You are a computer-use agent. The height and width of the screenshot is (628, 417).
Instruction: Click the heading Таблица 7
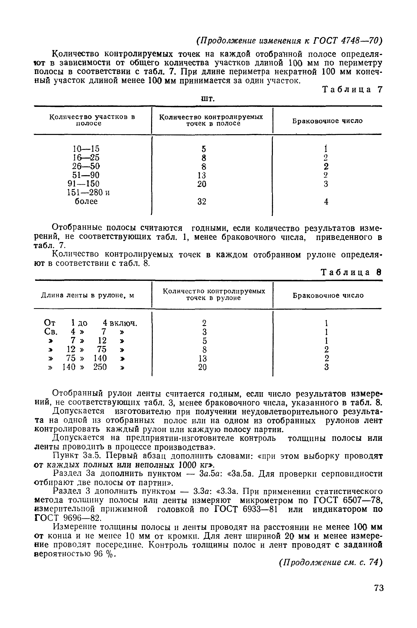coord(352,90)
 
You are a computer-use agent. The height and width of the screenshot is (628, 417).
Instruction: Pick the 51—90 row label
coord(86,175)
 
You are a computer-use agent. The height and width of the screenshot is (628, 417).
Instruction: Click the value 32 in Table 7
coord(202,202)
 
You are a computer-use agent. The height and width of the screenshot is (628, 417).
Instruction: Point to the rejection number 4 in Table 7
coord(326,202)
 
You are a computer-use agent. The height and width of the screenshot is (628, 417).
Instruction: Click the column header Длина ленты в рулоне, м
coord(87,295)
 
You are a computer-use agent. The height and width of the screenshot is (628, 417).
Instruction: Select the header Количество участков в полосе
coord(92,120)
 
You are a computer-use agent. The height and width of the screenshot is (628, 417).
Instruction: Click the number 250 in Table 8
coord(100,367)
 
